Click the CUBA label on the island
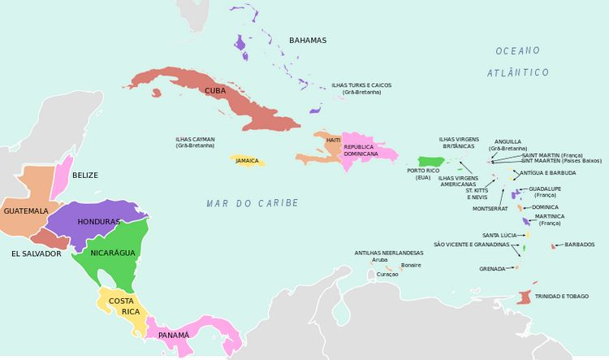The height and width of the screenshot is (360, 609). (215, 90)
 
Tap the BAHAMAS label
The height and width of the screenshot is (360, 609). (308, 41)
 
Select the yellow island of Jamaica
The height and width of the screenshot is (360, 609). (247, 161)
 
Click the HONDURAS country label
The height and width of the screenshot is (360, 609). (98, 222)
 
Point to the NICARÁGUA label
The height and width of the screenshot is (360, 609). (113, 253)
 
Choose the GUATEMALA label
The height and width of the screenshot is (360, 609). (26, 210)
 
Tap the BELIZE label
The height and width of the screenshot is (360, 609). (85, 176)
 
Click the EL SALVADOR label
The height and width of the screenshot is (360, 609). (37, 254)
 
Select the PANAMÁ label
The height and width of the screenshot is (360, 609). (174, 335)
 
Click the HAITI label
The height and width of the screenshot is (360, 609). (333, 141)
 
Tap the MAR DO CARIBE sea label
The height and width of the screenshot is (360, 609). (253, 203)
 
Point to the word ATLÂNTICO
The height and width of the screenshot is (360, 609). (518, 72)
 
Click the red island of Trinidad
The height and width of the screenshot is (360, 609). (524, 298)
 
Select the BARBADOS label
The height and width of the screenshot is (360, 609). (580, 245)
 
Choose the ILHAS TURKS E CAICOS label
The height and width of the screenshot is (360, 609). (361, 85)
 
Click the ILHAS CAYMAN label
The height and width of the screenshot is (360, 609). (195, 139)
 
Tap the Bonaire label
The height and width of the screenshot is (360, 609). (412, 265)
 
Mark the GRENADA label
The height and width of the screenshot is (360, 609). (492, 269)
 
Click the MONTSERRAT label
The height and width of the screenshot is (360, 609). (490, 209)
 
